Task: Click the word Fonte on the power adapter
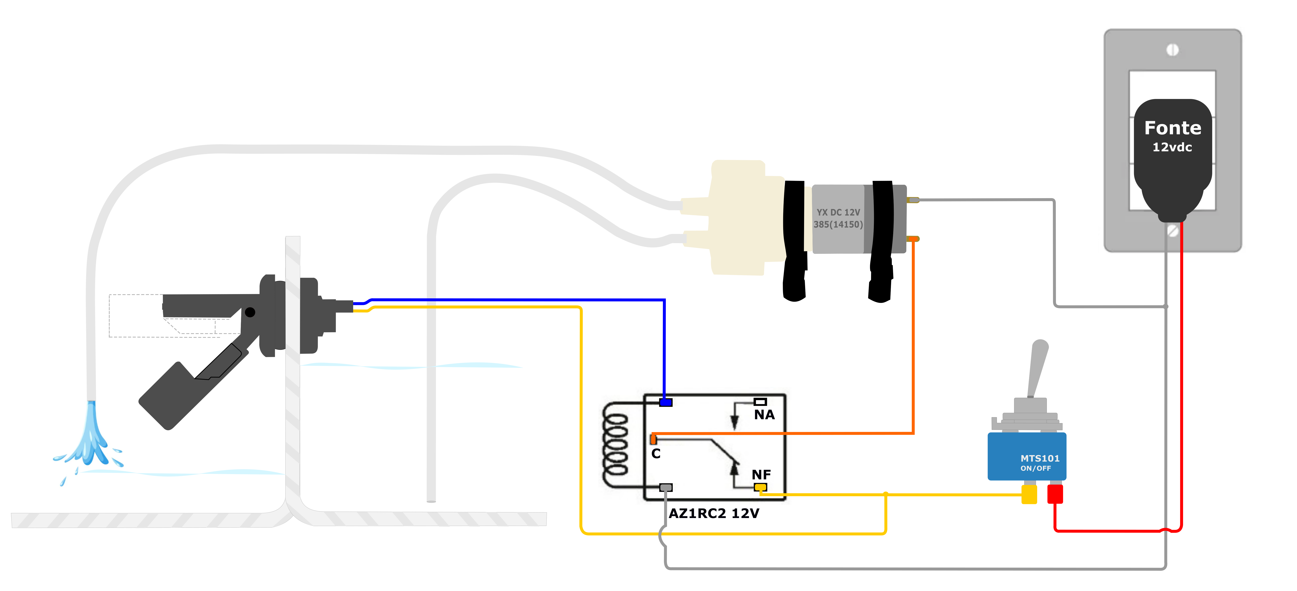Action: (x=1173, y=128)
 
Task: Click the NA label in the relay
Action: (x=764, y=415)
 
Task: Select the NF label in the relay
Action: (x=761, y=475)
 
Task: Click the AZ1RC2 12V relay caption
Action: (x=713, y=513)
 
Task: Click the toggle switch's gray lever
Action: (x=1037, y=368)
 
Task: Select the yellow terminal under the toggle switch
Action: (x=1029, y=494)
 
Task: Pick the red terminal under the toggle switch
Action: (x=1055, y=494)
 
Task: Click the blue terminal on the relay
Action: (x=666, y=402)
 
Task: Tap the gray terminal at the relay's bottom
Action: (x=666, y=487)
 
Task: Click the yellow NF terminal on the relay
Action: (x=760, y=487)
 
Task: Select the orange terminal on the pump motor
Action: (x=913, y=239)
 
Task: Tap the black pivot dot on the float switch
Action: (x=250, y=312)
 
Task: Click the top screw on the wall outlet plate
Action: (x=1173, y=50)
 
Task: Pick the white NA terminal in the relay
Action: (x=760, y=402)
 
